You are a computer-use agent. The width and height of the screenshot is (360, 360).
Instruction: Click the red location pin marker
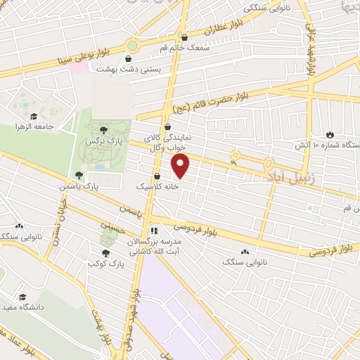[181, 166]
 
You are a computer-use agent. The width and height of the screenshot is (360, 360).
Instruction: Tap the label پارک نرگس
[100, 141]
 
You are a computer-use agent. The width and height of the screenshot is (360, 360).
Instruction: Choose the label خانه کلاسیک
[156, 187]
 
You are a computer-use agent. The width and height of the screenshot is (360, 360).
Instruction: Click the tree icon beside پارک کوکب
[105, 253]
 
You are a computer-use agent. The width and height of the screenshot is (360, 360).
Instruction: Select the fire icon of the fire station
[330, 134]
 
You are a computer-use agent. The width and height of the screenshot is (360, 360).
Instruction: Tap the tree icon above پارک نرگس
[104, 130]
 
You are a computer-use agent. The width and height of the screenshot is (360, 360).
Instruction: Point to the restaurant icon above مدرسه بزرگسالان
[153, 230]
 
